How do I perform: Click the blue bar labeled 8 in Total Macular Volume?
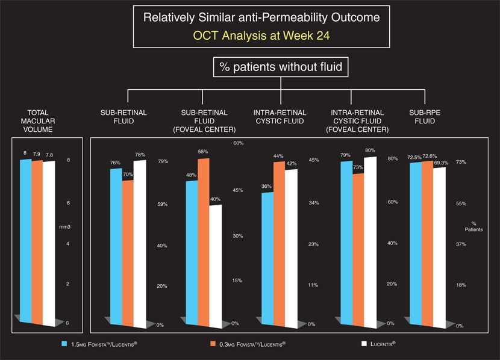(x=25, y=238)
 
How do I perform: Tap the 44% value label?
(x=278, y=157)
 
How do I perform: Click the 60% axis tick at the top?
(x=238, y=143)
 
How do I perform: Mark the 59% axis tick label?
(x=162, y=205)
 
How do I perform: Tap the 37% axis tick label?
(x=461, y=244)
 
